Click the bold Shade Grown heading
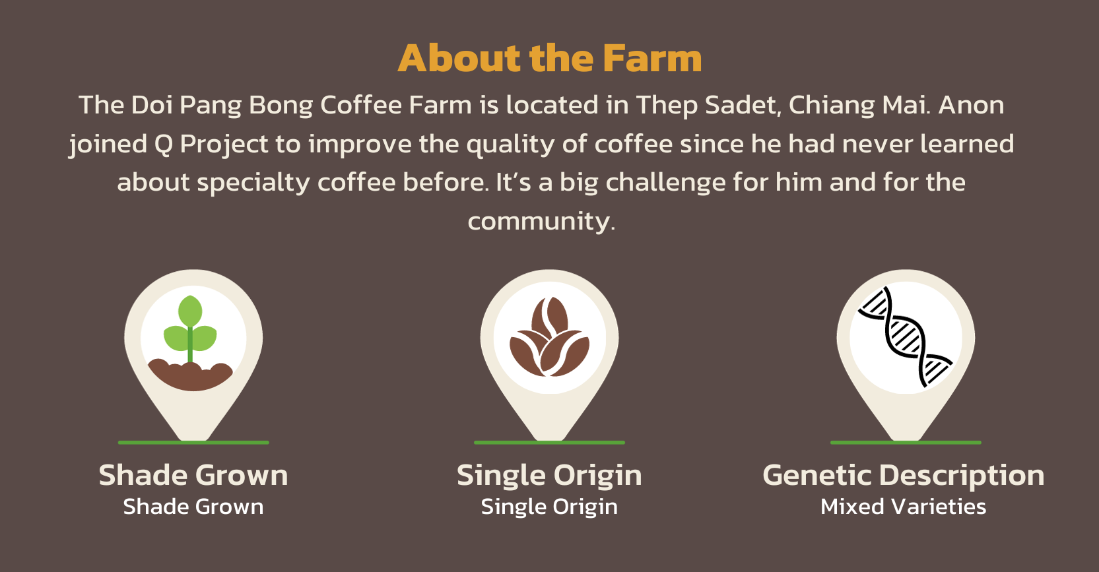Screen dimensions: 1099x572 [x=193, y=476]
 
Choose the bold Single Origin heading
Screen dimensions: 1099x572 [x=549, y=476]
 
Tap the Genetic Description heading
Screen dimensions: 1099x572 [x=904, y=476]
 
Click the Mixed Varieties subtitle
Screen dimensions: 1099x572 [x=903, y=507]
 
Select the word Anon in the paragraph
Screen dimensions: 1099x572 [x=972, y=105]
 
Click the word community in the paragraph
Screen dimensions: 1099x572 [x=542, y=222]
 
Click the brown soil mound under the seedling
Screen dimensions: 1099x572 [x=190, y=377]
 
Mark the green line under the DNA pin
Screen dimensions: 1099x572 [x=906, y=443]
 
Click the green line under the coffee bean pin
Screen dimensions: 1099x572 [x=549, y=443]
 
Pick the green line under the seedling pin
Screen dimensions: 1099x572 [x=193, y=443]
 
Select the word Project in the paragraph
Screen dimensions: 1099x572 [x=224, y=145]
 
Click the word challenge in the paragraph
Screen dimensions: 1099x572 [x=666, y=183]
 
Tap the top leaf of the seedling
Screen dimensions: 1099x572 [x=190, y=311]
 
